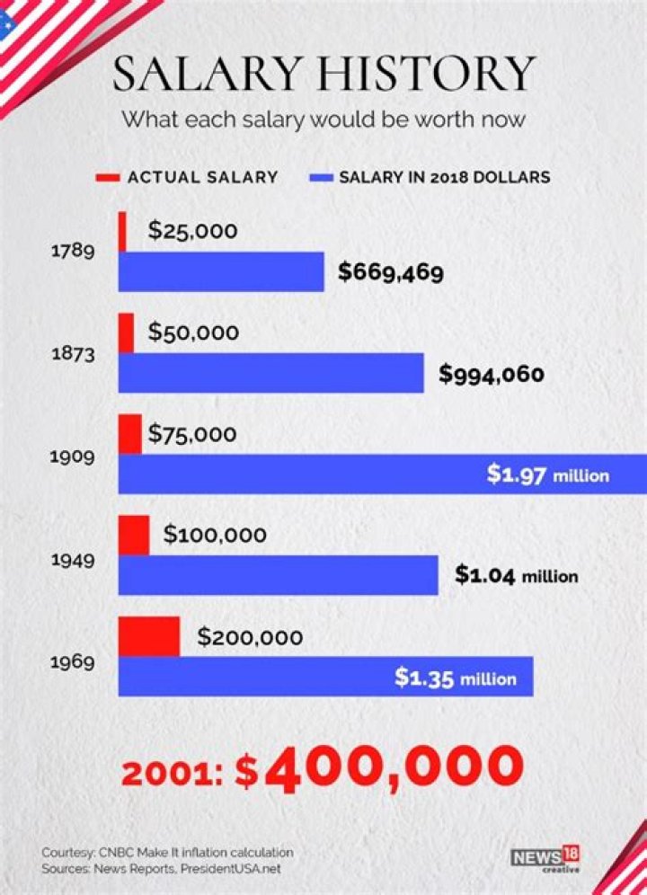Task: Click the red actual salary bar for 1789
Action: click(x=122, y=232)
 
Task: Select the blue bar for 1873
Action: click(x=270, y=373)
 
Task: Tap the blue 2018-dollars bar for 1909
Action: click(x=297, y=474)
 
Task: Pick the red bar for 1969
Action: click(x=149, y=636)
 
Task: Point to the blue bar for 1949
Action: click(x=279, y=575)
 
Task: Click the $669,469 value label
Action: click(x=390, y=272)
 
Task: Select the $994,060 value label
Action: click(x=491, y=373)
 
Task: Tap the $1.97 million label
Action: click(x=547, y=474)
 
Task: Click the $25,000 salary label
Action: click(x=192, y=231)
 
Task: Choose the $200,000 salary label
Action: click(x=250, y=637)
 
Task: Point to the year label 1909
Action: click(x=71, y=456)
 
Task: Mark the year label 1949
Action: click(x=71, y=559)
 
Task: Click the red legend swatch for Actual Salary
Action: click(x=107, y=177)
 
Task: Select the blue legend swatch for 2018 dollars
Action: click(x=320, y=177)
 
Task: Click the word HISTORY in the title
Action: click(x=437, y=74)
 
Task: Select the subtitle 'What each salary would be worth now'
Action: click(x=323, y=119)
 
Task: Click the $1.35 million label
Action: click(x=456, y=678)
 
